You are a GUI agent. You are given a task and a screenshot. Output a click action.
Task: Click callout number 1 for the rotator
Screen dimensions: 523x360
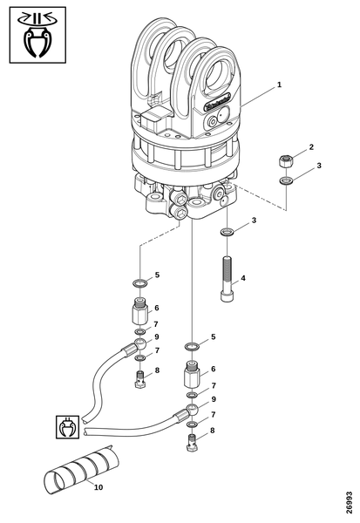click(x=279, y=85)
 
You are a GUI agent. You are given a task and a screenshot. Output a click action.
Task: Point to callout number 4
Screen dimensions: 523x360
click(x=243, y=278)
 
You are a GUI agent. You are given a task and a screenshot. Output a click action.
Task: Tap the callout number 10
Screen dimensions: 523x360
click(x=98, y=487)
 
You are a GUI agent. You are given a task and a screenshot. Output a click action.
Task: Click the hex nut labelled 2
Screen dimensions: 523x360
click(x=284, y=161)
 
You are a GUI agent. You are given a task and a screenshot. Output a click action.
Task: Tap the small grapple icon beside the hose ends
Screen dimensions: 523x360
click(x=67, y=427)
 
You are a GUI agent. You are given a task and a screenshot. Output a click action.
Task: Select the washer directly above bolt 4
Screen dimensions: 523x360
click(x=227, y=233)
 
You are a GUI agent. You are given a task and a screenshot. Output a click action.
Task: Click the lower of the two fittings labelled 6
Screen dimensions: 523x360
click(x=193, y=377)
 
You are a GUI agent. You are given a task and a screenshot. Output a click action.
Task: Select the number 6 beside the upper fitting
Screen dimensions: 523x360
click(x=156, y=308)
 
